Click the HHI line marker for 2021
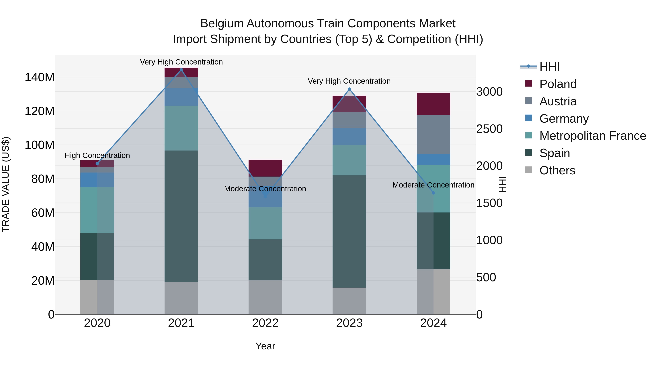click(x=181, y=70)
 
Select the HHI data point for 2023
click(x=349, y=89)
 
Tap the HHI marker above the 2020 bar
click(x=97, y=163)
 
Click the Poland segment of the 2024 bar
click(x=434, y=104)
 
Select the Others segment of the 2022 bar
click(x=265, y=297)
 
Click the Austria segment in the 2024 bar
click(x=434, y=134)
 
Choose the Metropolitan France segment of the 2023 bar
click(x=349, y=160)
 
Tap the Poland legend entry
click(x=558, y=84)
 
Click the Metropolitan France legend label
click(x=593, y=136)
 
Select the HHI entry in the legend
click(x=550, y=67)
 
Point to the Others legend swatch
click(x=528, y=170)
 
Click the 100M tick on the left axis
click(x=40, y=145)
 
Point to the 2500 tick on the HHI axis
click(x=489, y=129)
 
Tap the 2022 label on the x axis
click(x=265, y=323)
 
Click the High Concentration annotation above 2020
click(x=97, y=155)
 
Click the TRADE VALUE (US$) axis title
click(x=6, y=184)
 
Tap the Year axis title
click(x=265, y=346)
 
